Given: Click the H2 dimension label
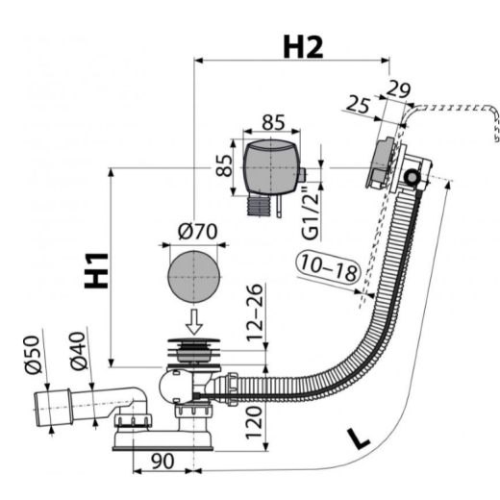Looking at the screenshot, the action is (x=303, y=47).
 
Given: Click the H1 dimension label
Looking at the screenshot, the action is (x=96, y=270).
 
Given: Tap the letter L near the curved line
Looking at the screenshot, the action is (x=359, y=438).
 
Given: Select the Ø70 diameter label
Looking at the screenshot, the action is (x=198, y=232).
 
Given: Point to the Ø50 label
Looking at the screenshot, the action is (x=33, y=355).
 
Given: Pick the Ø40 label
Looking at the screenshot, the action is (x=77, y=351).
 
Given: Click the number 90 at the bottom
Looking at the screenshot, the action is (x=162, y=462).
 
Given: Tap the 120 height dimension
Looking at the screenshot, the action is (x=254, y=422).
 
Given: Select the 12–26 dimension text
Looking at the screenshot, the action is (x=255, y=312).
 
